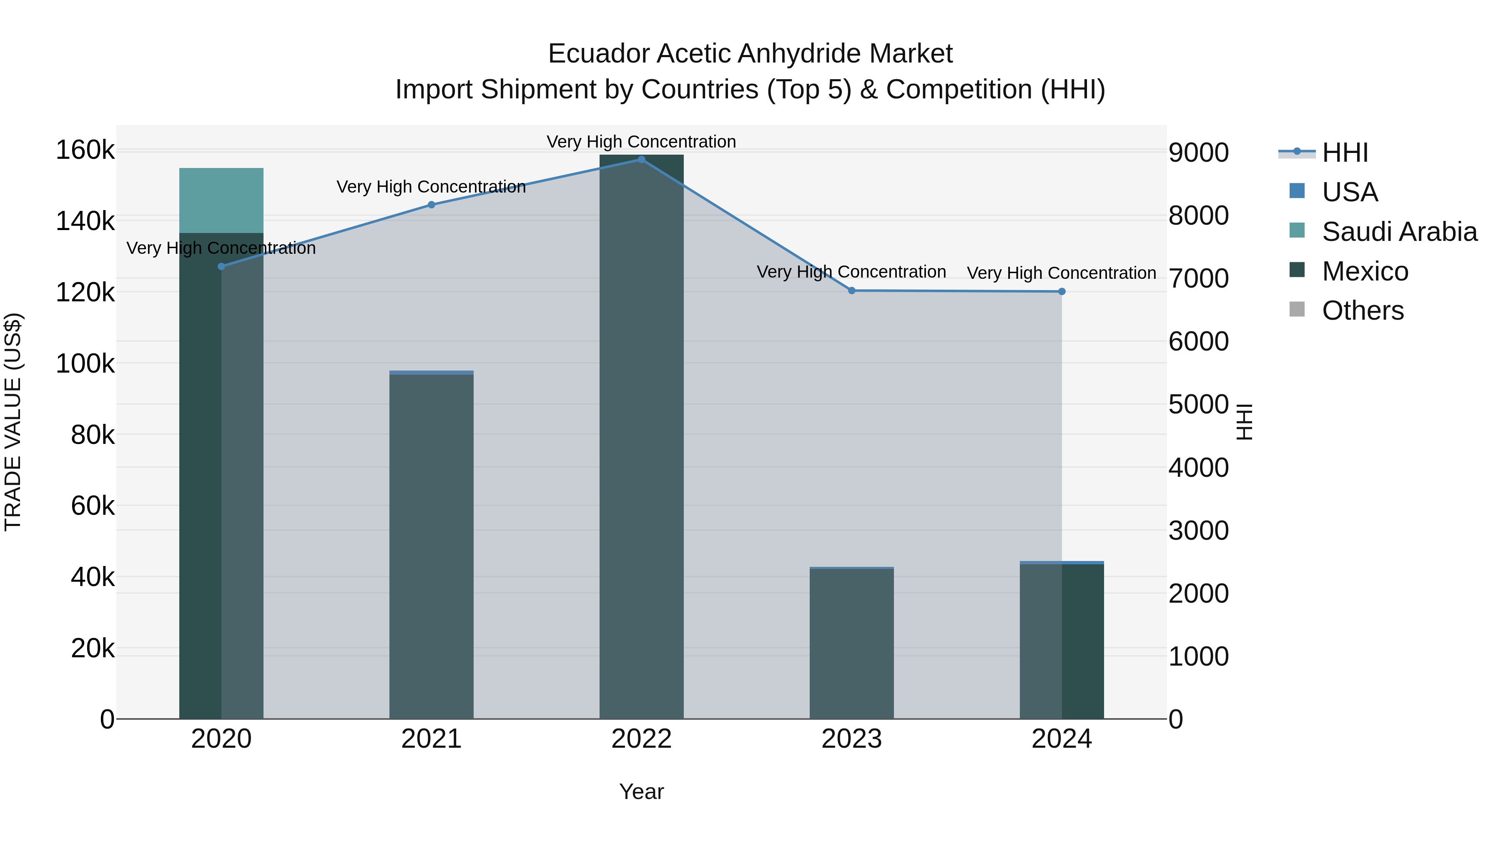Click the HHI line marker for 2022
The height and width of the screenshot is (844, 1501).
(642, 160)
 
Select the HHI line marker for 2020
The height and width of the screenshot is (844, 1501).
(221, 267)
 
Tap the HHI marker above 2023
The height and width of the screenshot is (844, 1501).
(852, 291)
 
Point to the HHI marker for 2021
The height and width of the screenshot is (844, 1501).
(431, 205)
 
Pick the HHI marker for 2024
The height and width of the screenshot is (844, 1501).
(1062, 292)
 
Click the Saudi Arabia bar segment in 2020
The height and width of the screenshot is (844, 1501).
(221, 200)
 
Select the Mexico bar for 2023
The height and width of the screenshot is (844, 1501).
(852, 644)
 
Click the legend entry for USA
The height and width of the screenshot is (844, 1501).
(1350, 192)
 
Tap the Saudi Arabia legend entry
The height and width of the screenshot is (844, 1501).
(1399, 232)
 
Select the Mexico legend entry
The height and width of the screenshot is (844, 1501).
(1365, 271)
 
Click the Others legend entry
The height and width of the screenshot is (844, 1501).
(1362, 311)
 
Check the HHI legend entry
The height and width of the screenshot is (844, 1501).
(1344, 153)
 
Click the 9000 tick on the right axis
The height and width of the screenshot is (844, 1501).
(1199, 153)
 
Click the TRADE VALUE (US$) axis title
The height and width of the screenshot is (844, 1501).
(13, 422)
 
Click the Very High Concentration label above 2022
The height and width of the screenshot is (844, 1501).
(642, 142)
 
